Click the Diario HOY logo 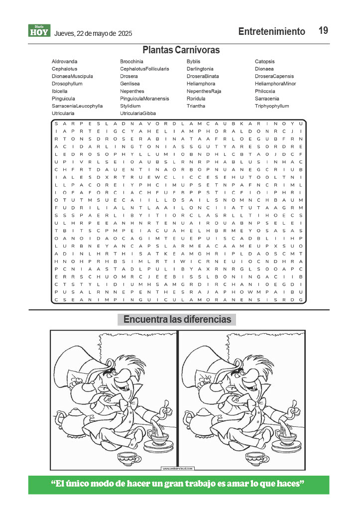tap(39, 31)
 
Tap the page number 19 tap(323, 31)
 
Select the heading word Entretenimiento tap(271, 31)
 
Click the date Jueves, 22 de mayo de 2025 tap(93, 34)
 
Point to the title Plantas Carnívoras tap(181, 50)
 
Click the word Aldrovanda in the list tap(64, 61)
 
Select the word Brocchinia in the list tap(131, 61)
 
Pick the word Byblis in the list tap(193, 61)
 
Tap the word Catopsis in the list tap(265, 61)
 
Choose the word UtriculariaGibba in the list tap(138, 114)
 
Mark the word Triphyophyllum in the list tap(272, 106)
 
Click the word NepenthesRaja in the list tap(204, 91)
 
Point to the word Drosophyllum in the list tap(67, 84)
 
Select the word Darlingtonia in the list tap(200, 69)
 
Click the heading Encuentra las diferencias tap(177, 319)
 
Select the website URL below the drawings tap(177, 469)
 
